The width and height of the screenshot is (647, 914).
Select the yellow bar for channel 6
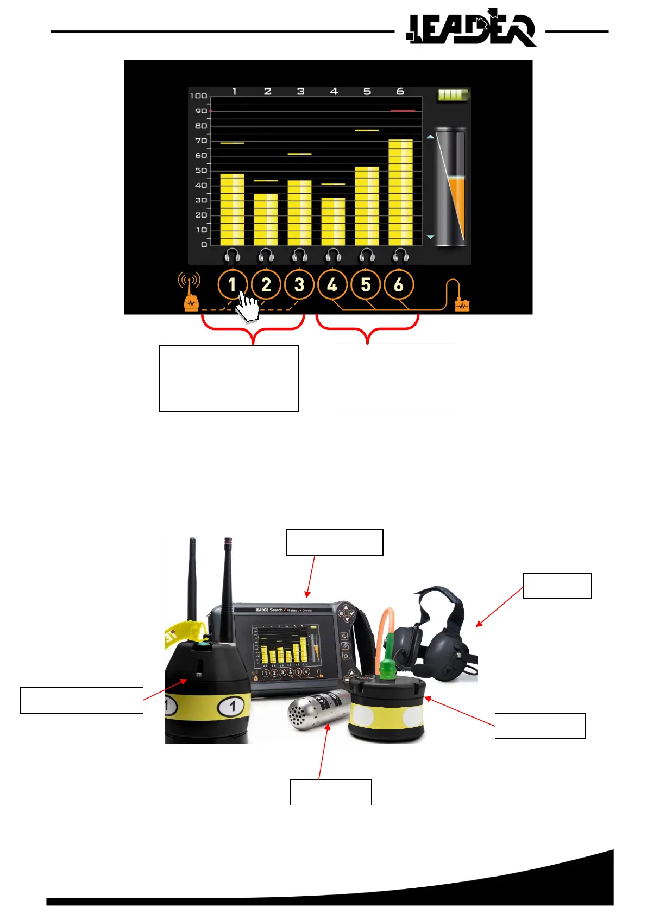[x=400, y=193]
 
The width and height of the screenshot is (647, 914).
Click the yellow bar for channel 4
[x=333, y=221]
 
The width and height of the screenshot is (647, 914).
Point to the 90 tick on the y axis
[x=201, y=111]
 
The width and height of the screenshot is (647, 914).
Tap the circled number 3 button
[x=299, y=284]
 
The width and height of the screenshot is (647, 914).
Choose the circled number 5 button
[x=366, y=284]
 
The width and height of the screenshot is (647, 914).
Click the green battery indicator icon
[x=453, y=96]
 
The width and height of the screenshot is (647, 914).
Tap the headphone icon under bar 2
[x=266, y=255]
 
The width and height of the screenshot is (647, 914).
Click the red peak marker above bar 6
[x=403, y=111]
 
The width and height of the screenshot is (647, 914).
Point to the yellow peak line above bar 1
[x=232, y=143]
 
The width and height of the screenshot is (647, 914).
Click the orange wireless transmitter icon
[x=190, y=293]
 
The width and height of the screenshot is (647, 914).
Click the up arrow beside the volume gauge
[x=430, y=137]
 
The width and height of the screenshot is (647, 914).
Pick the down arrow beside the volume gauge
[x=430, y=237]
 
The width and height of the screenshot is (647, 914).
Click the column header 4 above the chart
[x=334, y=91]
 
